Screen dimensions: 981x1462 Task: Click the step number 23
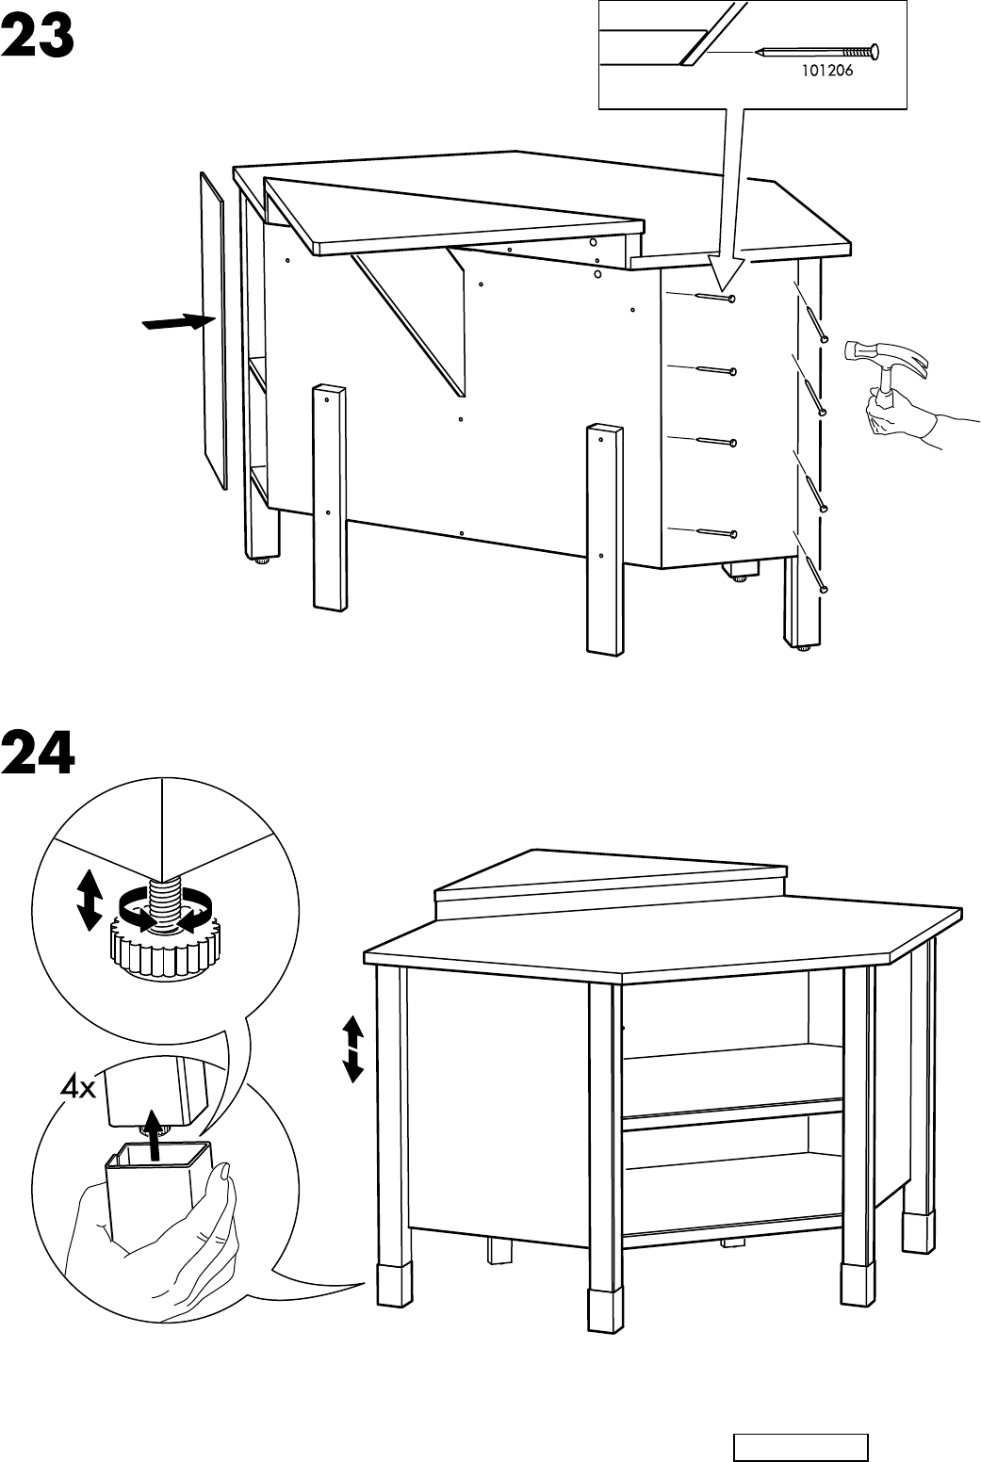point(39,38)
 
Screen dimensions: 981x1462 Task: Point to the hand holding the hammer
point(895,414)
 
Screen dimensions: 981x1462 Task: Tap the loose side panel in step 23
point(214,330)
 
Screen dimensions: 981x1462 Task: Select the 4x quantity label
point(77,1090)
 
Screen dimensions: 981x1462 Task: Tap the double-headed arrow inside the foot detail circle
point(89,901)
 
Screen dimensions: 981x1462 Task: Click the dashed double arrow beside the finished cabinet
point(352,1048)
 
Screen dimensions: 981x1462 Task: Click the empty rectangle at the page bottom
point(800,1447)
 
